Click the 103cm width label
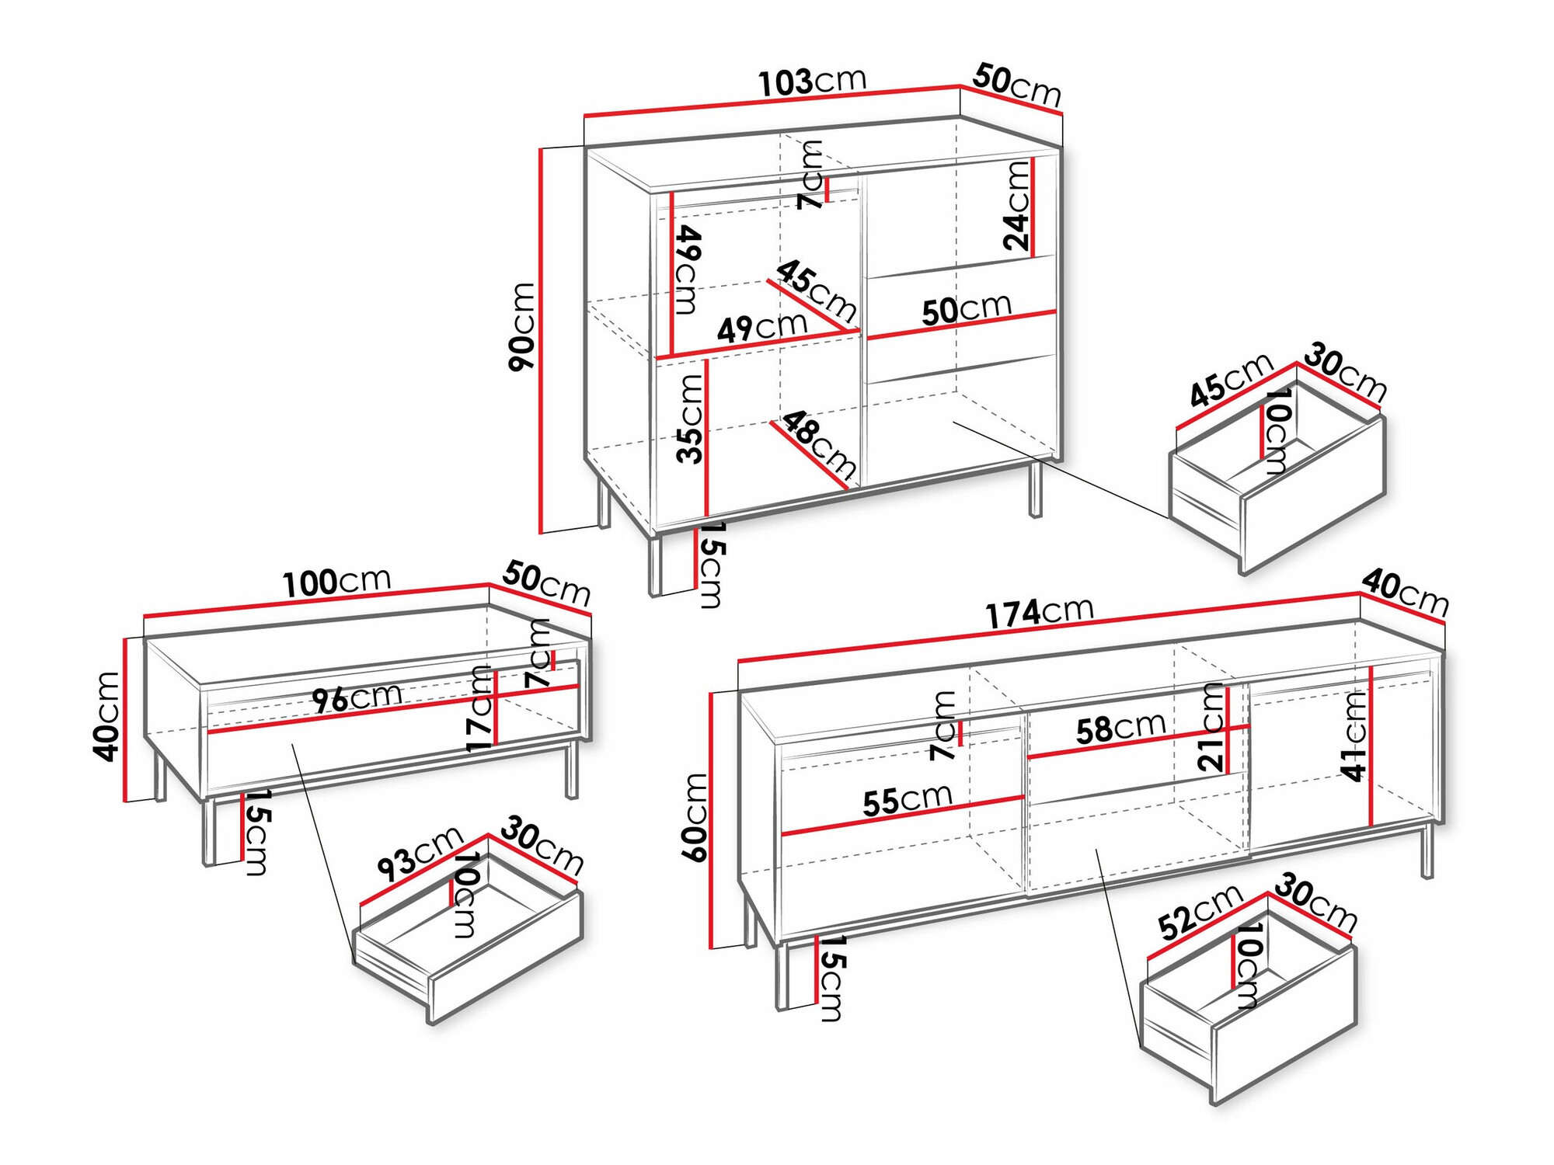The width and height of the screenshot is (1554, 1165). point(811,82)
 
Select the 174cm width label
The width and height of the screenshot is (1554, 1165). point(1040,611)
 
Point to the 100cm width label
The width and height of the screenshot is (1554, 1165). point(336,582)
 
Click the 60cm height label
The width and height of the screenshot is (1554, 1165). point(695,817)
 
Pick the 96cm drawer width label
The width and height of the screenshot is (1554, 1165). point(357,697)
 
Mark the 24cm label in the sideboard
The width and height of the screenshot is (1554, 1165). point(1016,205)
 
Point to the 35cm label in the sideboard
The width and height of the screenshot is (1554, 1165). point(689,419)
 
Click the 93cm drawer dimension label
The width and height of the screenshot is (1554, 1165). point(420,854)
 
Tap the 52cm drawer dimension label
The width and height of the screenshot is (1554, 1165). point(1200,911)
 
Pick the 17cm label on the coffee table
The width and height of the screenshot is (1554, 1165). point(481,709)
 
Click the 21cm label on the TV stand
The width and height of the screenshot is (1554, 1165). point(1211,727)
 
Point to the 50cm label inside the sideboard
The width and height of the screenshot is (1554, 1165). point(967,309)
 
